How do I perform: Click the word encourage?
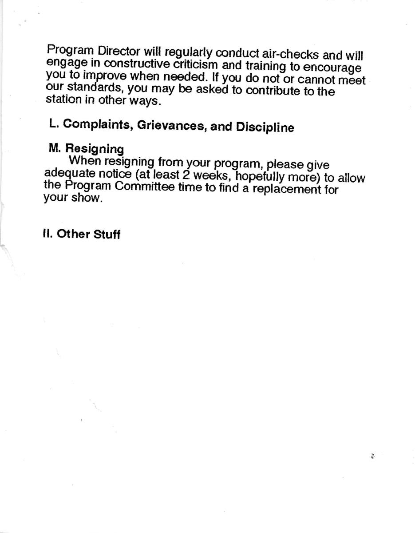pyautogui.click(x=333, y=68)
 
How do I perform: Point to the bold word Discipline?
pyautogui.click(x=265, y=127)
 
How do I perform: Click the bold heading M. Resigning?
pyautogui.click(x=86, y=149)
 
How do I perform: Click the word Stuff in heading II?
pyautogui.click(x=107, y=235)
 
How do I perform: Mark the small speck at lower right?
pyautogui.click(x=373, y=456)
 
